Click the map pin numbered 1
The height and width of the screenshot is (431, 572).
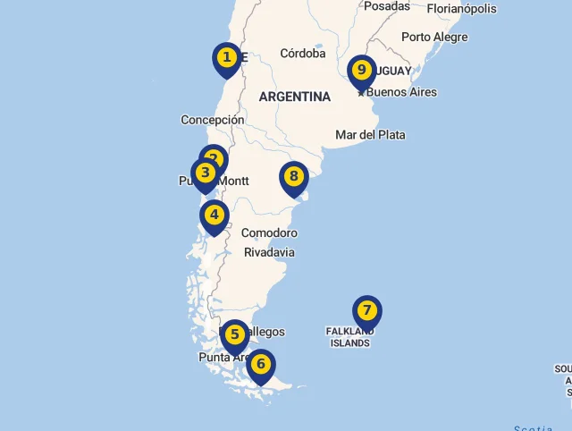pos(227,59)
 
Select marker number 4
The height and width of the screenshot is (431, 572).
pos(214,215)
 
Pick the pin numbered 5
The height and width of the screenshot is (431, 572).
pos(234,335)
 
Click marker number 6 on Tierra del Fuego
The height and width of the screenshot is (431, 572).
pos(261,365)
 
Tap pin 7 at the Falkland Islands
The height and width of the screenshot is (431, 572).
pos(366,311)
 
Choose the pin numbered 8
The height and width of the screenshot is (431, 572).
pos(293,177)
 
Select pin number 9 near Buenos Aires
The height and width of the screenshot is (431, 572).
pos(361,71)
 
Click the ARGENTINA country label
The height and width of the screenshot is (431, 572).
pos(295,97)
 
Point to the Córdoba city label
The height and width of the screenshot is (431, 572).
pos(303,54)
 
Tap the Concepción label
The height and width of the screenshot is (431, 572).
pos(213,120)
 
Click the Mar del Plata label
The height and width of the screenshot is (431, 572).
pos(370,135)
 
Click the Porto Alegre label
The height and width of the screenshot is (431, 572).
pos(434,38)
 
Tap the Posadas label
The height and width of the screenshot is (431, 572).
pos(387,6)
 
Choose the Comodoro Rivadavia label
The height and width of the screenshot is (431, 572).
pos(269,242)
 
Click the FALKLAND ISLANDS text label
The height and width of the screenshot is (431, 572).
pos(349,337)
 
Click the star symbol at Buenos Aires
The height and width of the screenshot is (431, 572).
pos(361,92)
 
